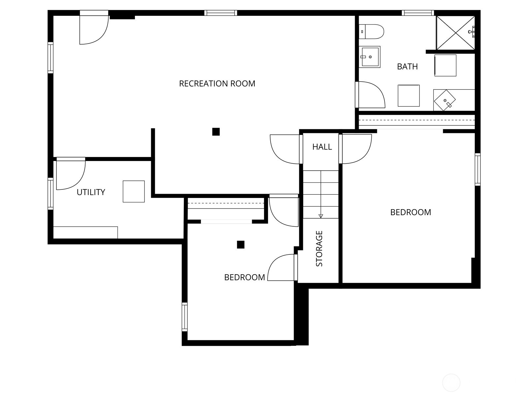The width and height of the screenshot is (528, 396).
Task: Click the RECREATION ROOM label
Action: point(217,83)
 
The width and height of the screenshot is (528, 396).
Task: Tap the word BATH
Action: point(407,67)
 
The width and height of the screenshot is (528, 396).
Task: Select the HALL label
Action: point(322,147)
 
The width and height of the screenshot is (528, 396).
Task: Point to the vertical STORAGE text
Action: point(319,248)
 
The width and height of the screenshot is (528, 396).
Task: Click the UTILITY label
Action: point(91,192)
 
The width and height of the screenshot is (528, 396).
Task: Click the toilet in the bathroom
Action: point(372,32)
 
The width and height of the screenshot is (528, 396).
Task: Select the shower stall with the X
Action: point(455,33)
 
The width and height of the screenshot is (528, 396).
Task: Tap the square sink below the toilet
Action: point(370,57)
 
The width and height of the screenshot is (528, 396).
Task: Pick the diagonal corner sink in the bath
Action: point(445,100)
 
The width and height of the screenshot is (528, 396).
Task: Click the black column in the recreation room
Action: point(216,132)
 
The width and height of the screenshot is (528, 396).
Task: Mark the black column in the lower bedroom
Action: point(241,245)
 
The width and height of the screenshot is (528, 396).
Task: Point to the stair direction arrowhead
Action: point(321,216)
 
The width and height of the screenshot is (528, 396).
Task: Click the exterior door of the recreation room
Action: point(94,29)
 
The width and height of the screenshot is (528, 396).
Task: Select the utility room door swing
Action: point(70,174)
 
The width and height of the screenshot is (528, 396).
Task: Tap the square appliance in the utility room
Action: point(134,191)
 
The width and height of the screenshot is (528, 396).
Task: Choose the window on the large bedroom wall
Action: point(477,169)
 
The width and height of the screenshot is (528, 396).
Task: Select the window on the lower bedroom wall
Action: point(185,317)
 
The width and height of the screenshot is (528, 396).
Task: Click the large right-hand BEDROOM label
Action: point(411,212)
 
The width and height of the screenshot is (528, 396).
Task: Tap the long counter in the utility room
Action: point(85,232)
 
